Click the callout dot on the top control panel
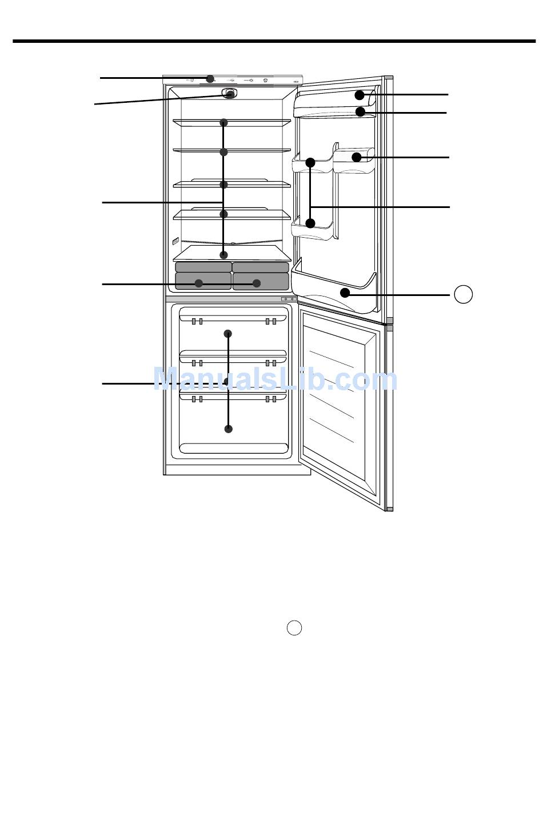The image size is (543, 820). tap(210, 79)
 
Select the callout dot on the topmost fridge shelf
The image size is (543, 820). tap(223, 123)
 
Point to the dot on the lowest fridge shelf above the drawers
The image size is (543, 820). tap(223, 255)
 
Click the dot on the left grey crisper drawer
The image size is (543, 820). tap(198, 283)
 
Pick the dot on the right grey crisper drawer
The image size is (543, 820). tap(257, 283)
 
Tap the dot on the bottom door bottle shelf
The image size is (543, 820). tap(345, 293)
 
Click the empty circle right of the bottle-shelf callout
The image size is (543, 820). tap(463, 294)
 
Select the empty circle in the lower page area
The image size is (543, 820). tap(294, 628)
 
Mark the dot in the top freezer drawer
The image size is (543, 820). tap(227, 334)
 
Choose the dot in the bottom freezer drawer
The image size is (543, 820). tap(228, 429)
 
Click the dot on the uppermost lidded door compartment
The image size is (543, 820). tap(360, 95)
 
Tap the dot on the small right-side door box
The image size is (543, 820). tap(356, 157)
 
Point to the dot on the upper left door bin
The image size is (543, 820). tap(310, 162)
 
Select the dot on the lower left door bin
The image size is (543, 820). tap(310, 223)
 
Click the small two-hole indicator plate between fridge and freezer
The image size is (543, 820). tap(289, 299)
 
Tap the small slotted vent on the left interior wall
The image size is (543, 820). tap(175, 241)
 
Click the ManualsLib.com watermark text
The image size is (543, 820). tap(276, 379)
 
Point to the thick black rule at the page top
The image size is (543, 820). tap(274, 41)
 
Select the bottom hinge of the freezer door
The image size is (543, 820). tap(390, 509)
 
